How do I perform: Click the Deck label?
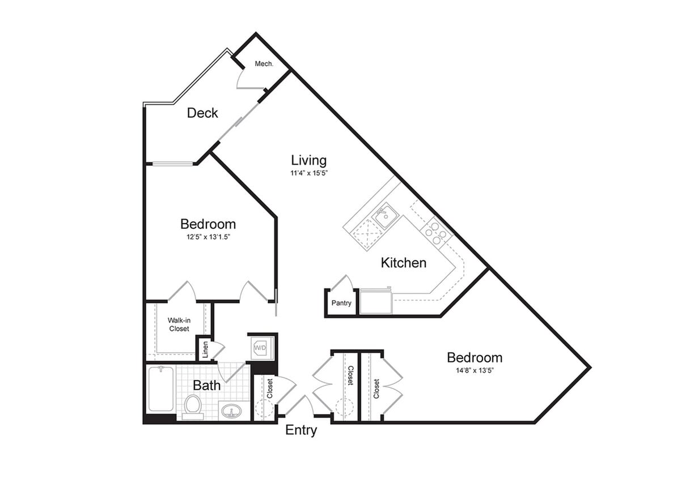[x=202, y=113]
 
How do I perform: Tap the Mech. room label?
[x=264, y=64]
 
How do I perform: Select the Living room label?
[x=309, y=160]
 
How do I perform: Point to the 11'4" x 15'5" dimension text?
[x=310, y=173]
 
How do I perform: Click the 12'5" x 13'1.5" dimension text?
[x=208, y=237]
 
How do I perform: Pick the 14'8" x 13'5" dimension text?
[x=475, y=370]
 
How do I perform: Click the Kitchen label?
[x=403, y=263]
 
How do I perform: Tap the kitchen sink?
[x=385, y=216]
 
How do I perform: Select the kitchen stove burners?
[x=437, y=232]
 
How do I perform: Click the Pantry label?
[x=341, y=303]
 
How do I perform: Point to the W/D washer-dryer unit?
[x=261, y=347]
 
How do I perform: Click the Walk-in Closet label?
[x=179, y=325]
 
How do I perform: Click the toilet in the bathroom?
[x=193, y=406]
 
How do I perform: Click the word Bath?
[x=207, y=386]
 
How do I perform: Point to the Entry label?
[x=301, y=430]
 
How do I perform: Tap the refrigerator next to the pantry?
[x=376, y=301]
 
